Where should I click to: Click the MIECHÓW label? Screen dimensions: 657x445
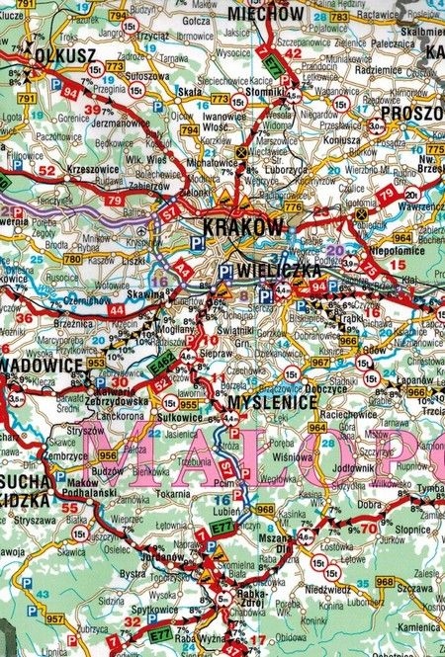pos(265,14)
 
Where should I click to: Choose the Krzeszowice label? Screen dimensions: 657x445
pos(67,168)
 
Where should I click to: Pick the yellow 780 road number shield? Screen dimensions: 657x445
pos(71,259)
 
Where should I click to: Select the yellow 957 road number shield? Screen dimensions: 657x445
pos(54,619)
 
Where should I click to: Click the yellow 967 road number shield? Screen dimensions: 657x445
pos(319,363)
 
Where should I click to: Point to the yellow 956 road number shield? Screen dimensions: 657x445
pos(108,455)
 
